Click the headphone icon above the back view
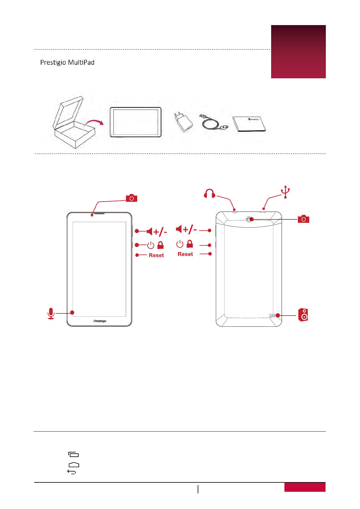tap(209, 193)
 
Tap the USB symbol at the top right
tap(285, 192)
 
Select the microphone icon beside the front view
tap(51, 313)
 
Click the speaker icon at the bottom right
tap(303, 315)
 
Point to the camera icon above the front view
tap(131, 198)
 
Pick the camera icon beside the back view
tap(303, 219)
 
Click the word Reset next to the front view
tap(156, 255)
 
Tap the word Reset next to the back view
tap(185, 254)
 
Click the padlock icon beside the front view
tap(161, 245)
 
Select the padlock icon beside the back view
tap(190, 244)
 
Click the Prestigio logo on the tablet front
tap(100, 321)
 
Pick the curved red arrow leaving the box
tap(94, 122)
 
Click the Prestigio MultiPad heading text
tap(67, 63)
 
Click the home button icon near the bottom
tap(74, 465)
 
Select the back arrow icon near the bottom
tap(72, 472)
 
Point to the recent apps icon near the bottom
tap(73, 454)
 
